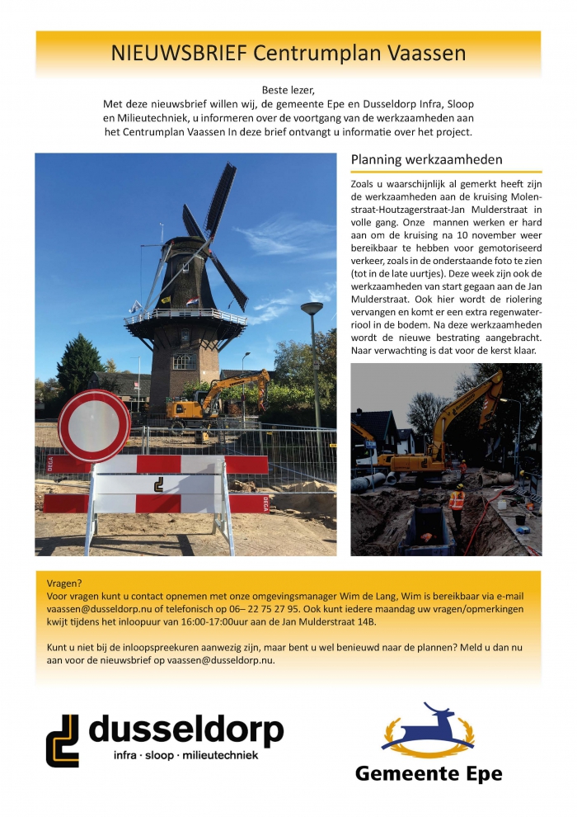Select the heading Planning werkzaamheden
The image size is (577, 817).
(x=426, y=159)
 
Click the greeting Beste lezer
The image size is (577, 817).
(x=288, y=89)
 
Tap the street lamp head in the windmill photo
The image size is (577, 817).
(x=312, y=309)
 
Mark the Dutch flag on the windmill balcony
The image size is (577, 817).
(x=191, y=301)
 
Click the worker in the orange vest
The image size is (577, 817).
(x=457, y=501)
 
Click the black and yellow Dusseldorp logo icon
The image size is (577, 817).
(x=63, y=740)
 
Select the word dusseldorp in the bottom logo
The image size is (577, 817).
(x=185, y=730)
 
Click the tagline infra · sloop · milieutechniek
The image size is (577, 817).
(x=185, y=755)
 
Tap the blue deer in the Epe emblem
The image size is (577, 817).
(x=428, y=724)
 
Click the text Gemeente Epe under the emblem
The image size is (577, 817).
(x=428, y=773)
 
